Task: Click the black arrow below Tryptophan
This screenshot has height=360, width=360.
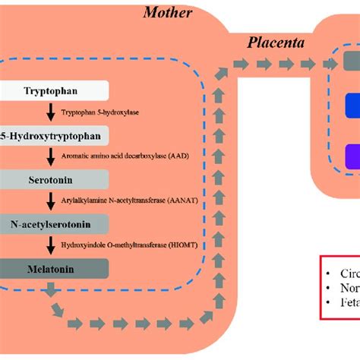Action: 50,112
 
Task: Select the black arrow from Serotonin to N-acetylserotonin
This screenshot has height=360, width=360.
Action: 50,201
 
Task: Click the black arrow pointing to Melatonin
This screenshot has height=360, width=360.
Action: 50,245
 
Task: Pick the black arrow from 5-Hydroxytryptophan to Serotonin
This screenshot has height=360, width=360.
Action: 50,156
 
